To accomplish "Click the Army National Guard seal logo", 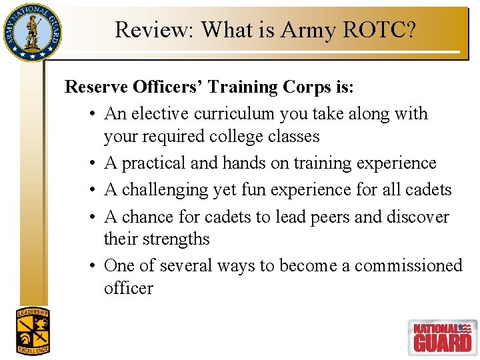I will [31, 31].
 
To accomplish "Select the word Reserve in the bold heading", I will [98, 87].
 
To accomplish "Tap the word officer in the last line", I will [128, 289].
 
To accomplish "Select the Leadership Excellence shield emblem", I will [33, 331].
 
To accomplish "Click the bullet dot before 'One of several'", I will [90, 266].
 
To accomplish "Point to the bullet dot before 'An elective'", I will [90, 115].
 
